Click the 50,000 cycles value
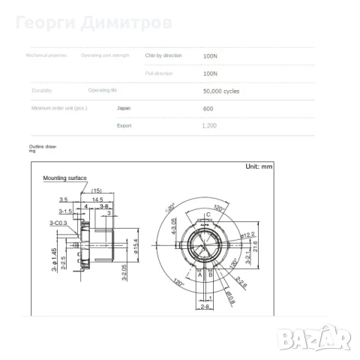[x=221, y=91]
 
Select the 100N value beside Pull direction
[x=210, y=73]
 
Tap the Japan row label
[x=124, y=108]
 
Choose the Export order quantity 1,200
[x=209, y=125]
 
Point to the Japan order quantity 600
[x=208, y=108]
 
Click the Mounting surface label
[x=64, y=178]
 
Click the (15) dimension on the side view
[x=97, y=190]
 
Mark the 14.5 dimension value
[x=97, y=199]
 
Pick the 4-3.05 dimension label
[x=174, y=225]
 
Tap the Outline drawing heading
[x=43, y=148]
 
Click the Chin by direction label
[x=163, y=55]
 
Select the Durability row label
[x=42, y=91]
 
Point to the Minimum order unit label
[x=58, y=108]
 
